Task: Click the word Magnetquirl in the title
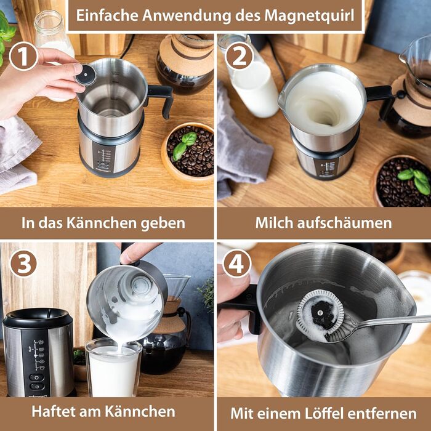(309, 15)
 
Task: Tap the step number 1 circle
(23, 56)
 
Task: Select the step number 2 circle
(239, 56)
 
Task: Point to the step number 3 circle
(23, 263)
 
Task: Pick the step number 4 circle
(236, 264)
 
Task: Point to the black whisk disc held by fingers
(86, 75)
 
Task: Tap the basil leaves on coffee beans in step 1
(185, 145)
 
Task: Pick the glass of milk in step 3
(113, 368)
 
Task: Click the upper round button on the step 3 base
(36, 377)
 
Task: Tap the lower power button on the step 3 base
(36, 386)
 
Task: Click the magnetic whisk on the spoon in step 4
(320, 316)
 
